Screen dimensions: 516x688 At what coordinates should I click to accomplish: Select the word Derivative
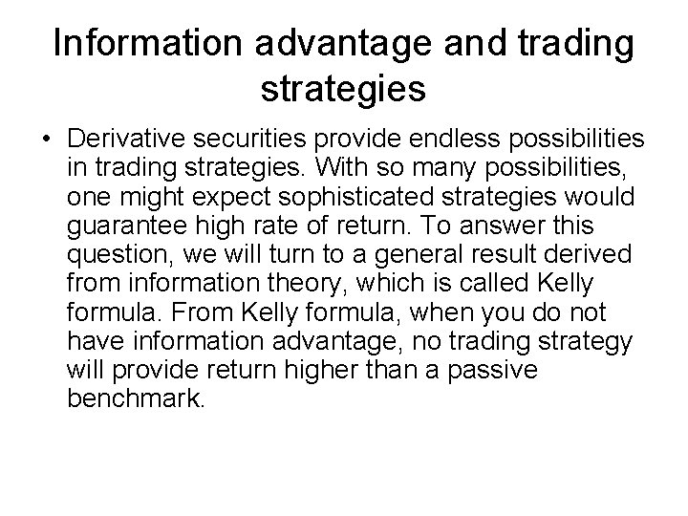pyautogui.click(x=123, y=141)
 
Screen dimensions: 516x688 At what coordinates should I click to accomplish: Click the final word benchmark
pyautogui.click(x=137, y=399)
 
